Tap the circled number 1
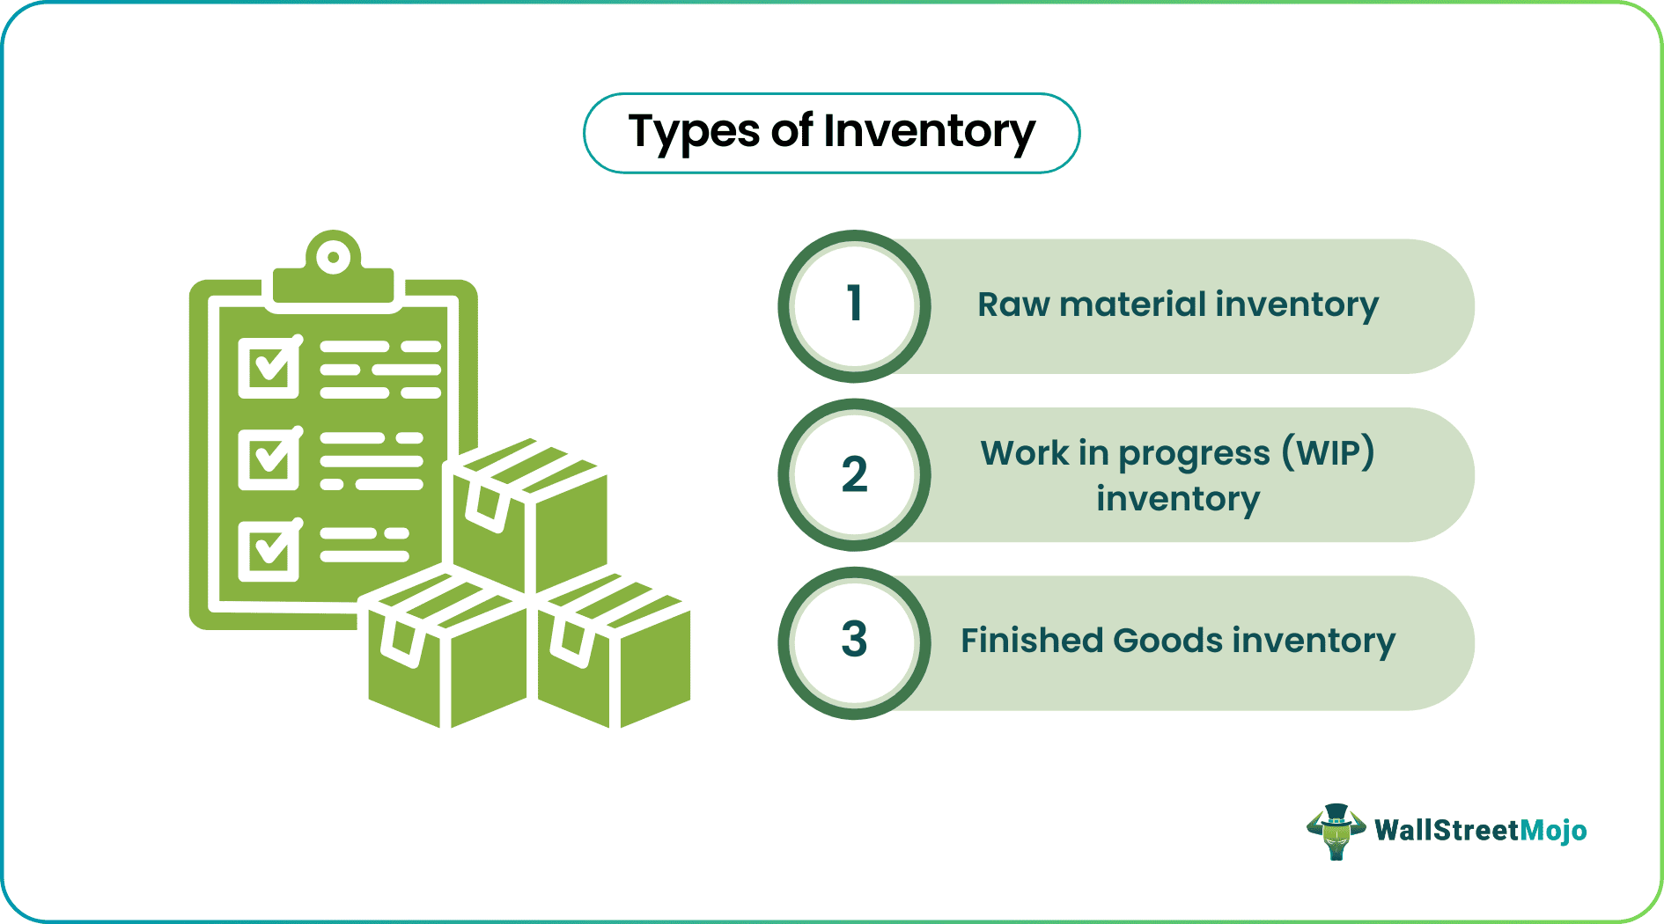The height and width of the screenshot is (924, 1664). pyautogui.click(x=854, y=305)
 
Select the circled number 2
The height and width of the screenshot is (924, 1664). pyautogui.click(x=854, y=474)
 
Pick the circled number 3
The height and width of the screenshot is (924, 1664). pyautogui.click(x=854, y=642)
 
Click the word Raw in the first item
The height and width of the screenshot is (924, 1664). pyautogui.click(x=1013, y=305)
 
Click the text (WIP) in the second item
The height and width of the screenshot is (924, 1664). pyautogui.click(x=1328, y=453)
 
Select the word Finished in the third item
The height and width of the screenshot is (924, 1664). pyautogui.click(x=1031, y=641)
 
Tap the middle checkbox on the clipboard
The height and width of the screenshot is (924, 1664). pyautogui.click(x=269, y=458)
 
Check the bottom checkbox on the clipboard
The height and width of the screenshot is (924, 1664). pyautogui.click(x=269, y=551)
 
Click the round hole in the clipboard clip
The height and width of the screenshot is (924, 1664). pyautogui.click(x=334, y=258)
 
